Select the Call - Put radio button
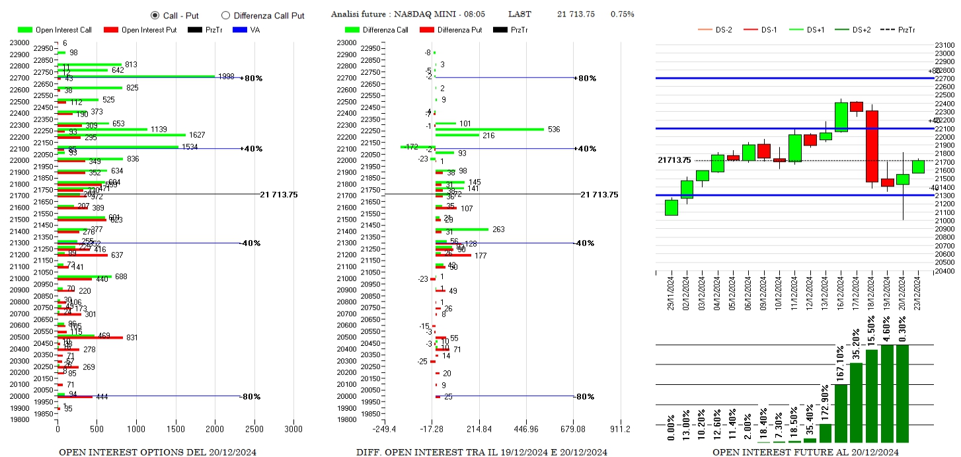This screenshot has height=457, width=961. [155, 15]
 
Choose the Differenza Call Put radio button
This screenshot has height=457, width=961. [225, 15]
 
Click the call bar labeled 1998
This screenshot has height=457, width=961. [136, 76]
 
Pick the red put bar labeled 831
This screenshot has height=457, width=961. [90, 338]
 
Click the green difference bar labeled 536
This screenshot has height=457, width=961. [489, 129]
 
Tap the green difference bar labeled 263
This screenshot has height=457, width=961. [461, 229]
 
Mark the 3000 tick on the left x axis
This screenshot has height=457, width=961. [293, 429]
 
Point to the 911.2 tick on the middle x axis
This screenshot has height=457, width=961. [619, 429]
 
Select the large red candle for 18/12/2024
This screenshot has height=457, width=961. [872, 146]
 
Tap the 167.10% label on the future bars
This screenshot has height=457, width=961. [841, 364]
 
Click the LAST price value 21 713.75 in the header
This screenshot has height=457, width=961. [576, 15]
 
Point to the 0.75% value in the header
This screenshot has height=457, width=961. [622, 15]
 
